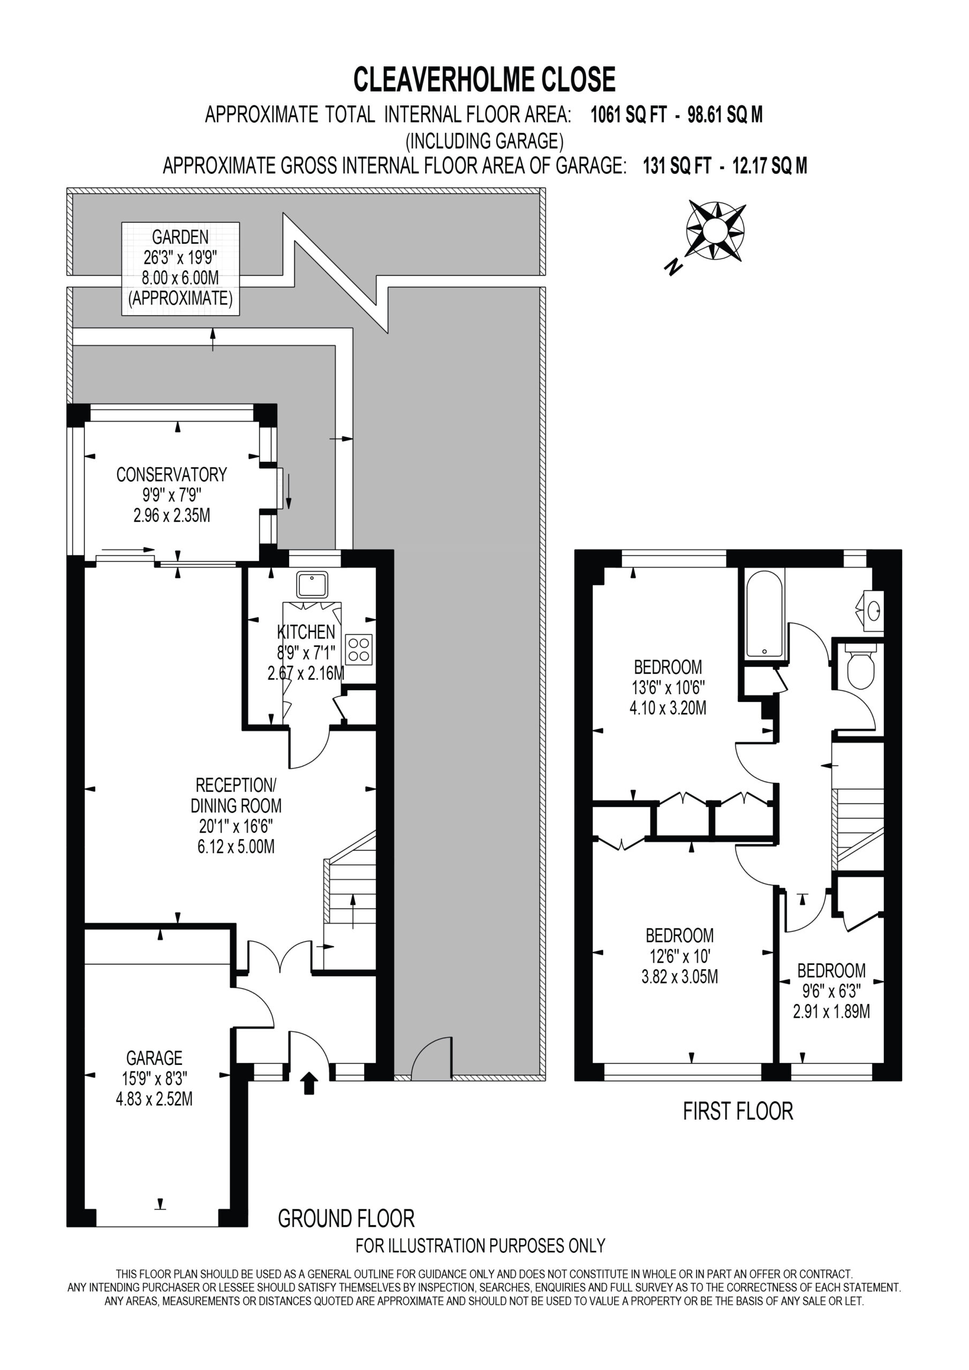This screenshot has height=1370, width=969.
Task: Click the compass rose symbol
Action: point(715,230)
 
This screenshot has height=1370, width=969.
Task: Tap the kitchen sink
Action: point(312,585)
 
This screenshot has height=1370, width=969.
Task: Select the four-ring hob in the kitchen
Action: point(359,649)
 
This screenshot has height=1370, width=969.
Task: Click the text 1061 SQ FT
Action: point(627,115)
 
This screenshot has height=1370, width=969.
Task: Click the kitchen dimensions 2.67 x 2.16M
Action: point(306,673)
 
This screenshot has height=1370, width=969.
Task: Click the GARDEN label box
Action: point(180,269)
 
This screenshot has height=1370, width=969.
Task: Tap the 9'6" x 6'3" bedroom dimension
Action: point(831,991)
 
